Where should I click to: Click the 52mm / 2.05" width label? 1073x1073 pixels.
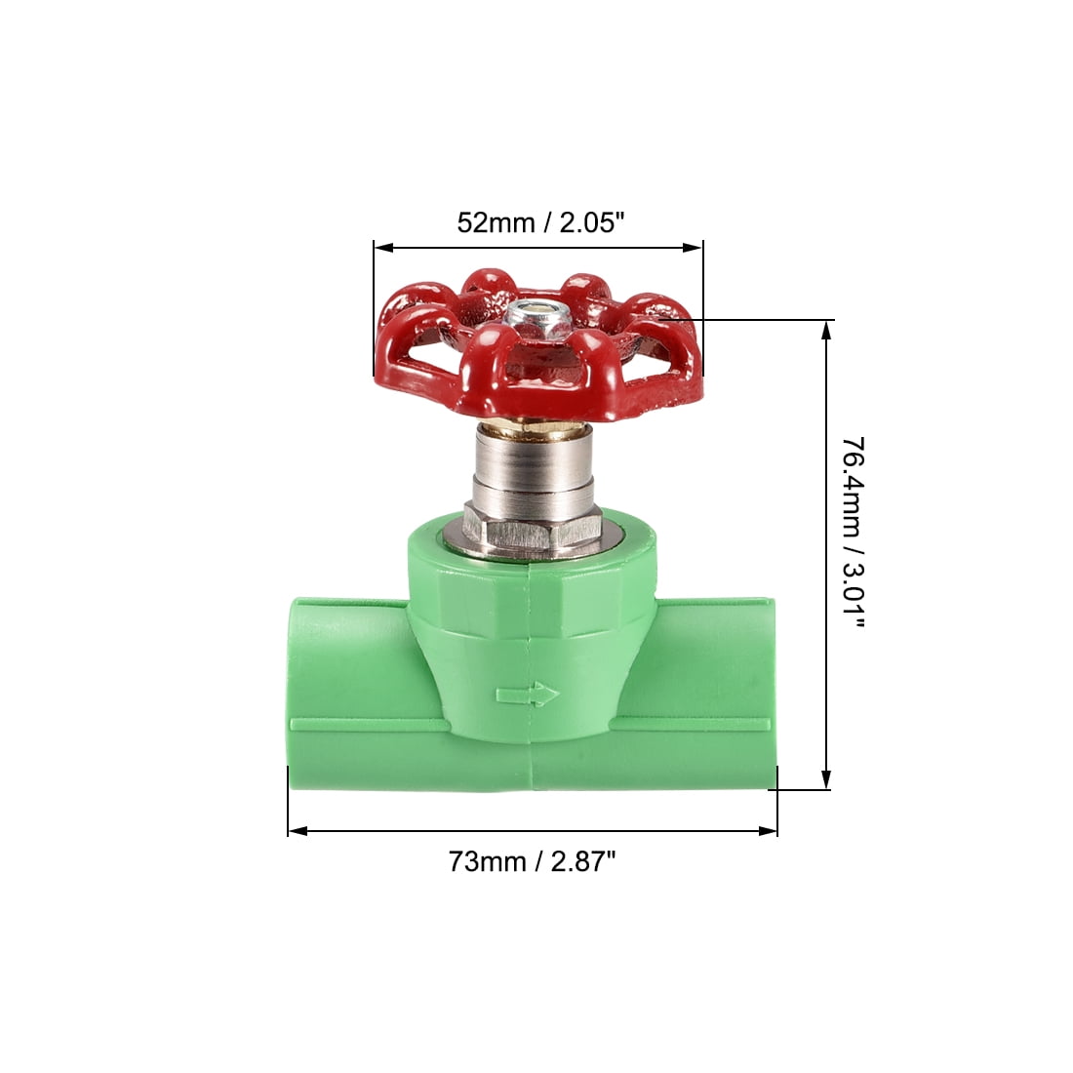pyautogui.click(x=539, y=222)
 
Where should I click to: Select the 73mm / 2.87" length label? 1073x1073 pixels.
pyautogui.click(x=532, y=861)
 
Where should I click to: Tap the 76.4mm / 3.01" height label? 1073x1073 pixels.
pyautogui.click(x=853, y=555)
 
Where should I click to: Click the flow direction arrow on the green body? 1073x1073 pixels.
pyautogui.click(x=527, y=695)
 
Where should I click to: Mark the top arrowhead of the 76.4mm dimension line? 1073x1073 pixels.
pyautogui.click(x=827, y=330)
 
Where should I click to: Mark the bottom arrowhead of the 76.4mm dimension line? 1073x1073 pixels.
pyautogui.click(x=827, y=779)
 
